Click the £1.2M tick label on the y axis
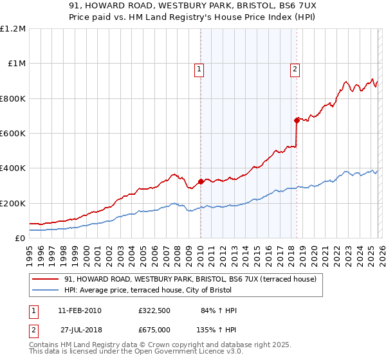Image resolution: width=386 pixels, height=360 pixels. pos(13,29)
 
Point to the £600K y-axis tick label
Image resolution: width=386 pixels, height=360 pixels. pos(13,134)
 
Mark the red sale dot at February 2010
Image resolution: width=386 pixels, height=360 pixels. pos(201,181)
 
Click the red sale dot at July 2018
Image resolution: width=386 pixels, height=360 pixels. pos(297,120)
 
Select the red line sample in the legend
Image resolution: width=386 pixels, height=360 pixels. pos(46,280)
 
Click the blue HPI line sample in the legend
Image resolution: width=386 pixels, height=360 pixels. pos(46,290)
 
